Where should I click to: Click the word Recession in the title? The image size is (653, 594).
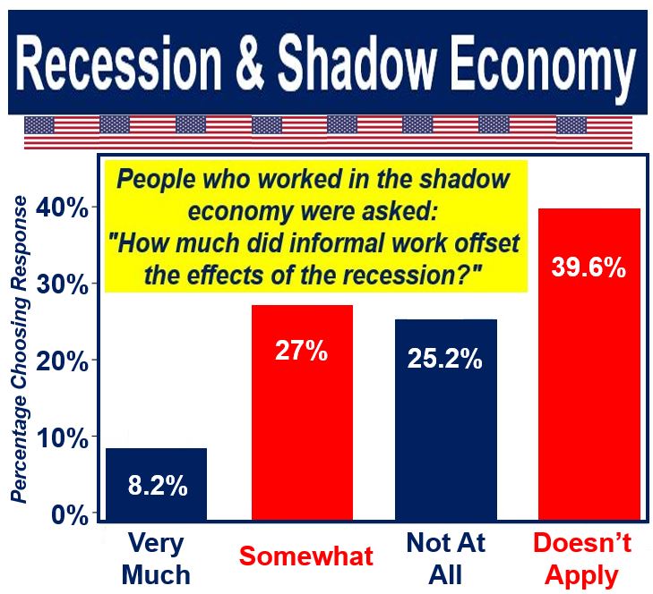click(119, 63)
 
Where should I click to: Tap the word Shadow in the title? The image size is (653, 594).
click(357, 63)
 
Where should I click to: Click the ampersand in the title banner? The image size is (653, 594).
click(250, 64)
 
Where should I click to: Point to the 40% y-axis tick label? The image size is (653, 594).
click(62, 208)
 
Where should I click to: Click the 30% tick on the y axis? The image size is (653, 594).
click(63, 285)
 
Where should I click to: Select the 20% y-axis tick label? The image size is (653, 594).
click(63, 361)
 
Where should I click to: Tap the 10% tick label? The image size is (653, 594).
click(63, 437)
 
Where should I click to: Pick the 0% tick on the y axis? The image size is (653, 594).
click(70, 514)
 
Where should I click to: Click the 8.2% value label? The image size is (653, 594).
click(158, 485)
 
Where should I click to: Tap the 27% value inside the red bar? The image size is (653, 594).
click(302, 351)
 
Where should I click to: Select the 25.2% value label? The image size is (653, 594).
click(445, 358)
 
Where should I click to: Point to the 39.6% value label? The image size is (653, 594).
click(589, 267)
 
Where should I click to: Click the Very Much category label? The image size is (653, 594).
click(156, 559)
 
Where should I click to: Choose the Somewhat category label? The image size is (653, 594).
click(306, 556)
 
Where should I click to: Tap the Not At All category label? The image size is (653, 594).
click(445, 559)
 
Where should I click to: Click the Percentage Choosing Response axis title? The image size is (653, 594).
click(19, 350)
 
